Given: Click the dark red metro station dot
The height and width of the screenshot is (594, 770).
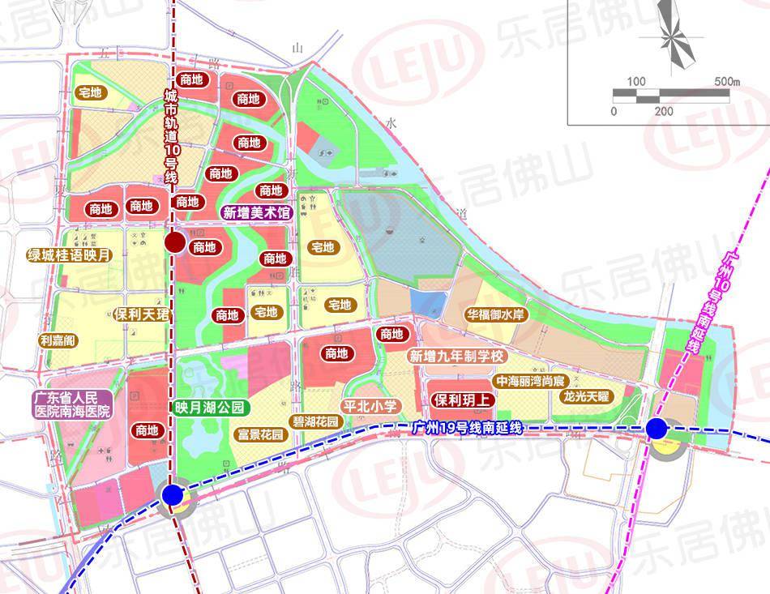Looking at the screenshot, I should tap(173, 242).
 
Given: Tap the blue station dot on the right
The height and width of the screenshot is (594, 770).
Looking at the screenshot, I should tap(657, 428).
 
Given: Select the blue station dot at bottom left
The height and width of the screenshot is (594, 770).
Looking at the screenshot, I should tap(172, 494).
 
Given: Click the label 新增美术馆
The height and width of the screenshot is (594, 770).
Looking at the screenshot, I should tap(256, 213).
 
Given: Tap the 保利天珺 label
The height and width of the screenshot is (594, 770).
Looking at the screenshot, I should tap(141, 314).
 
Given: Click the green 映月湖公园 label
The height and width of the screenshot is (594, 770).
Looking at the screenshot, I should tap(207, 407).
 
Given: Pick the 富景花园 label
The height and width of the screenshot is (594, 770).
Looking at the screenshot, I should tap(260, 435).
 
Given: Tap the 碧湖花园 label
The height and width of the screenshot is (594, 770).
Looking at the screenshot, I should tap(314, 422).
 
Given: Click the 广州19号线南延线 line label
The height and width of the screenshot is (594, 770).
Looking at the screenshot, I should tap(465, 427).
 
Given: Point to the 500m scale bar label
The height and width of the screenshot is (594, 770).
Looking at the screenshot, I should tap(727, 82).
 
